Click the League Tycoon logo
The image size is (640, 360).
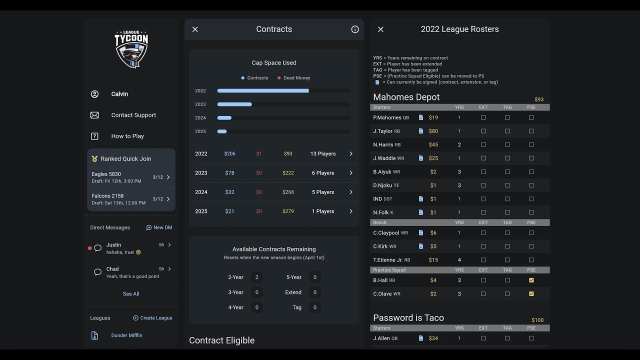(131, 49)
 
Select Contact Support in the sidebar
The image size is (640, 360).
(133, 115)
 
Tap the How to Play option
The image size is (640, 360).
(127, 136)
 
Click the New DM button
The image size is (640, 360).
(159, 227)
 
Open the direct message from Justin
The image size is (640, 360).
(131, 248)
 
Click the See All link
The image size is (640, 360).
(131, 294)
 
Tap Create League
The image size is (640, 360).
(152, 318)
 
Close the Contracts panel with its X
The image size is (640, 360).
(195, 29)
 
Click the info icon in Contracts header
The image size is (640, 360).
(355, 29)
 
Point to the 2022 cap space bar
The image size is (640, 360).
(263, 91)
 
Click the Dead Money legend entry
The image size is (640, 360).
(294, 78)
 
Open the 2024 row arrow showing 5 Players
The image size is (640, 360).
(351, 192)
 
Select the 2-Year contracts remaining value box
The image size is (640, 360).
(257, 277)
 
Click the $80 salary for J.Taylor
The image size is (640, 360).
(433, 131)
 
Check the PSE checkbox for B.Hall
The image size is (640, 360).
(531, 280)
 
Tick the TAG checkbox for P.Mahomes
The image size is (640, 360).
(507, 117)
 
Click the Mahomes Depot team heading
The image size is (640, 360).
(406, 97)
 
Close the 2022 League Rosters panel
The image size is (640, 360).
(380, 29)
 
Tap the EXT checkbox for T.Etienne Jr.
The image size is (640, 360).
(483, 260)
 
